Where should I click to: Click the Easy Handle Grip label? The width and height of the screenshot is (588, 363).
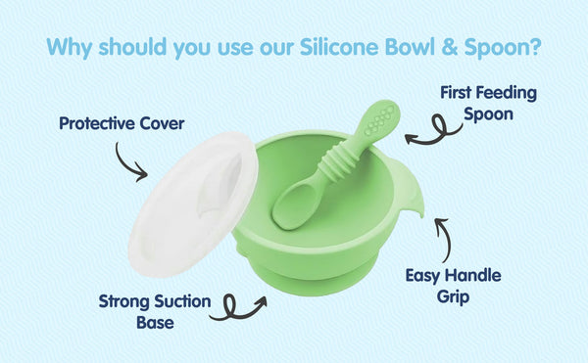(x=452, y=285)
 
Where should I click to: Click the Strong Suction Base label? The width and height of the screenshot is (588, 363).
(x=154, y=310)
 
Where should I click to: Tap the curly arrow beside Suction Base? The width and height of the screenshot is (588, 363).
(x=241, y=307)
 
